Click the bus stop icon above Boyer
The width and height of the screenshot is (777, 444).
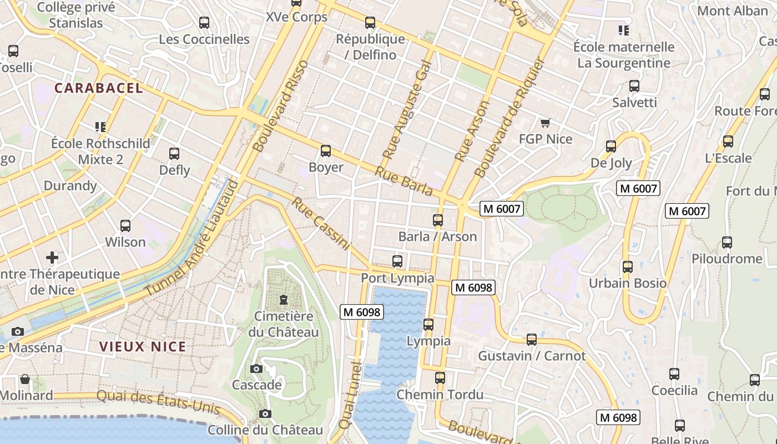tap(326, 151)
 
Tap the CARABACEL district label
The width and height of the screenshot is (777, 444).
tap(99, 88)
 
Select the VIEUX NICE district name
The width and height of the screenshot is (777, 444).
tap(143, 347)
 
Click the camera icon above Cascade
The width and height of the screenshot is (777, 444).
tap(256, 369)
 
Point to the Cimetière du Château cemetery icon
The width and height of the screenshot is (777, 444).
tap(284, 300)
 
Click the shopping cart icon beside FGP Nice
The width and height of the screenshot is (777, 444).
tap(545, 123)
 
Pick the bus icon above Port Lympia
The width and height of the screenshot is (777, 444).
tap(397, 261)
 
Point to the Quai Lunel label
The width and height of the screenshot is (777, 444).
tap(350, 395)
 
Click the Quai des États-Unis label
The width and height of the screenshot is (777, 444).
tap(158, 403)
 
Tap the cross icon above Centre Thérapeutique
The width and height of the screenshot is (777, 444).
tap(52, 258)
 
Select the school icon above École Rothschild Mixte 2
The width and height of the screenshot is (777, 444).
tap(100, 127)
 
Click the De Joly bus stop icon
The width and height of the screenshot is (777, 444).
tap(611, 147)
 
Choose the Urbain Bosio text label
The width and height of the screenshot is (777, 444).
tap(628, 283)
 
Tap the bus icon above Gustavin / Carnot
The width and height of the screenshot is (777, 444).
tap(532, 340)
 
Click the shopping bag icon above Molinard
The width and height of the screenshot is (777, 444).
tap(25, 380)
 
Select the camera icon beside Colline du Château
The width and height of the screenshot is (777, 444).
tap(265, 414)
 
